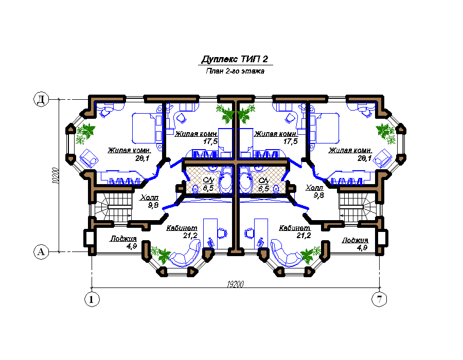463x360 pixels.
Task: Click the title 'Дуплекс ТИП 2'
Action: (x=235, y=59)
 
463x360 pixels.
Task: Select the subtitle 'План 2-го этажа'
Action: (x=235, y=71)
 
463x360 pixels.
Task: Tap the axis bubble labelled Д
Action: (x=41, y=99)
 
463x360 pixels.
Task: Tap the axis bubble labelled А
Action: (x=41, y=252)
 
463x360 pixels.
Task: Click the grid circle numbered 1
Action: (x=92, y=299)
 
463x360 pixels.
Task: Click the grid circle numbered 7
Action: (x=379, y=299)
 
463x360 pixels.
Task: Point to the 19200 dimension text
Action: (x=235, y=284)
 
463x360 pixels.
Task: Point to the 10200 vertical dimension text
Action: (x=55, y=176)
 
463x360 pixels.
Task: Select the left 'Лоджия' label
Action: (x=123, y=239)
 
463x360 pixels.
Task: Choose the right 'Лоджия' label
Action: (x=355, y=240)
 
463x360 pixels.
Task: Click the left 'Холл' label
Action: (x=150, y=197)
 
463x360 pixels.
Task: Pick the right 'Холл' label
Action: (x=314, y=187)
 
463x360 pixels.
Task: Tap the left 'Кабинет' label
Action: (x=182, y=228)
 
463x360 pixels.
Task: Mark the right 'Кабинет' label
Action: (x=295, y=228)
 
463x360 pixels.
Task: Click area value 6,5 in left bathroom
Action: (x=208, y=188)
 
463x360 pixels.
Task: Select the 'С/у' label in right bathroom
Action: (x=263, y=181)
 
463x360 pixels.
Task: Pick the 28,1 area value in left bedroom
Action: (x=143, y=158)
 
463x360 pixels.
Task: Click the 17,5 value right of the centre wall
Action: (x=291, y=141)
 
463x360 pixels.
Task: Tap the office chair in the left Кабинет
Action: (x=222, y=233)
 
